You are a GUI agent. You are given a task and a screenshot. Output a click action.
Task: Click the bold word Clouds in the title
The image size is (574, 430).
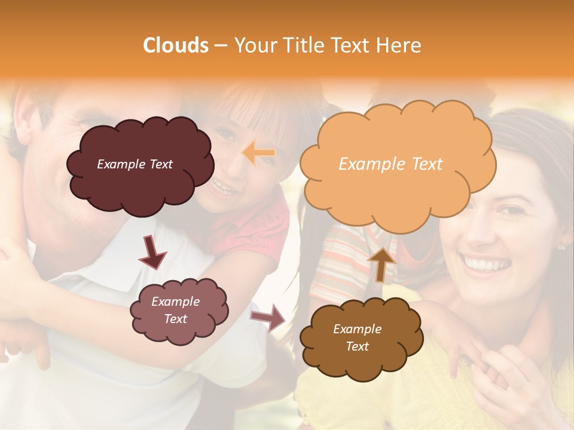pyautogui.click(x=176, y=45)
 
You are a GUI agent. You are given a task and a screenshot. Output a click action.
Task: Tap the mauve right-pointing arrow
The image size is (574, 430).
pyautogui.click(x=268, y=317)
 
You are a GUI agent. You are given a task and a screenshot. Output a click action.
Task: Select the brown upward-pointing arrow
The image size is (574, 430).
pyautogui.click(x=381, y=263)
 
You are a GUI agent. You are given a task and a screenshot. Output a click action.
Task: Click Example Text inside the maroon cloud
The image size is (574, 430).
pyautogui.click(x=135, y=164)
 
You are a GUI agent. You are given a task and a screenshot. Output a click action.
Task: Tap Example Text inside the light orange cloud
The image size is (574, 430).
pyautogui.click(x=390, y=164)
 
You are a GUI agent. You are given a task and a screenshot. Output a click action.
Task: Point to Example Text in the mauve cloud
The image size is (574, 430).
pyautogui.click(x=176, y=310)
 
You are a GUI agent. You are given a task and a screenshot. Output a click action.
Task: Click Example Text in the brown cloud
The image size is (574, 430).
pyautogui.click(x=357, y=337)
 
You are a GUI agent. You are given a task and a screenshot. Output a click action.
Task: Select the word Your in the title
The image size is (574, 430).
pyautogui.click(x=254, y=45)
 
